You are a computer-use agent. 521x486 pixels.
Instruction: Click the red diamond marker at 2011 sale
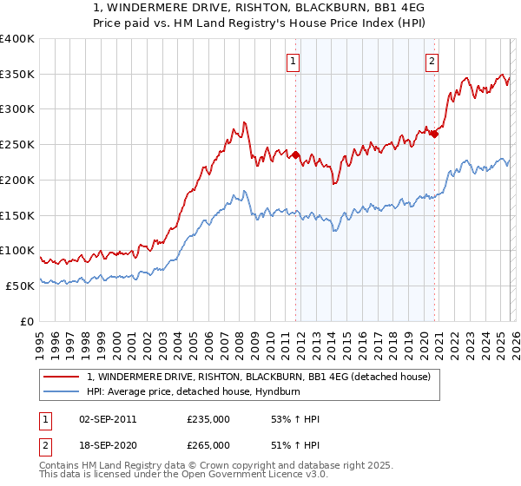pos(295,155)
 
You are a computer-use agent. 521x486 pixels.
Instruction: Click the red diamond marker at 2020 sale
pos(435,134)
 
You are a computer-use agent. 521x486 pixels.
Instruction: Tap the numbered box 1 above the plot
pos(293,61)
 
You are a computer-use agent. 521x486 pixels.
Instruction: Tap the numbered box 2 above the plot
pos(432,61)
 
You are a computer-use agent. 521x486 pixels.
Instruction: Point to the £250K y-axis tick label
pos(16,144)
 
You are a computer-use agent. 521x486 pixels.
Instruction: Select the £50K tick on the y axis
pos(19,286)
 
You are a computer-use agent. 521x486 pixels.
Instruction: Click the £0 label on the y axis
pos(27,321)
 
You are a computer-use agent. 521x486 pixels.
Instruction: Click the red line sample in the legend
pos(62,377)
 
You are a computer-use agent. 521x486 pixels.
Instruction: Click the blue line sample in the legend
pos(62,391)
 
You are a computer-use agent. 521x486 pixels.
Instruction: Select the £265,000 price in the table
pos(208,444)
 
